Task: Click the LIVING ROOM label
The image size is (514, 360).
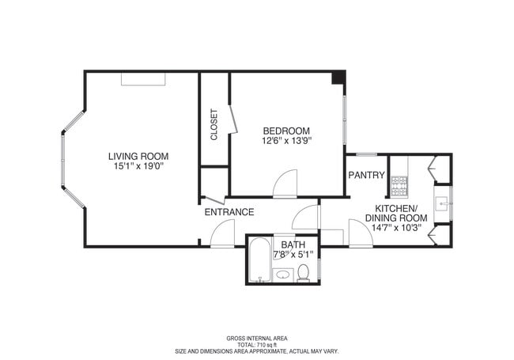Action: tap(138, 157)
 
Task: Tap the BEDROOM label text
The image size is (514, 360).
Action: tap(286, 131)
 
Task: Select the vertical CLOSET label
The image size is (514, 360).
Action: tap(214, 124)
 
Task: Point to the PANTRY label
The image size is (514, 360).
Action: tap(366, 175)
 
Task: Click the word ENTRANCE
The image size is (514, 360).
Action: tap(229, 212)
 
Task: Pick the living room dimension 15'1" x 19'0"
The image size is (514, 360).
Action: tap(138, 166)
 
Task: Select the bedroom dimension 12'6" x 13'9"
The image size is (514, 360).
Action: tap(286, 141)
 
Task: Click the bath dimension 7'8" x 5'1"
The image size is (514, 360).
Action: tap(293, 254)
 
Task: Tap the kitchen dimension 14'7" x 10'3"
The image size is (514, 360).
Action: tap(396, 228)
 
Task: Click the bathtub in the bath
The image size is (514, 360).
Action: tap(260, 260)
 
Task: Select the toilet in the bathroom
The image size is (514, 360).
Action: tap(303, 274)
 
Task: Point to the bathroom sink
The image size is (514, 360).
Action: tap(283, 275)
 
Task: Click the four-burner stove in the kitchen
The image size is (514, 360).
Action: tap(399, 187)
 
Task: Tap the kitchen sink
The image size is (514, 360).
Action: tap(442, 204)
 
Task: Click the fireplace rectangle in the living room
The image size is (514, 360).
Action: tap(143, 79)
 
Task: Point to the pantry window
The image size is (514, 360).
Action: tap(366, 155)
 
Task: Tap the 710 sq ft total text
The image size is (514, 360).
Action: tap(257, 345)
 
